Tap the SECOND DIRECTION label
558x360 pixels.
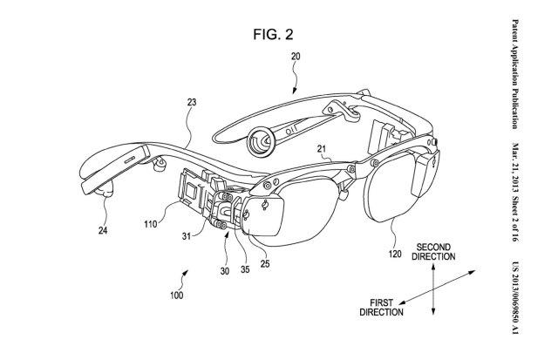(437, 252)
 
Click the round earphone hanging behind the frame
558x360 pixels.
(259, 139)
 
